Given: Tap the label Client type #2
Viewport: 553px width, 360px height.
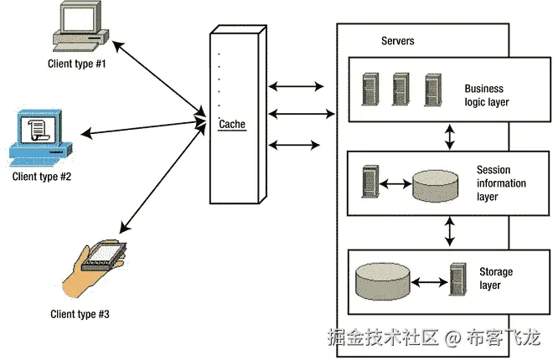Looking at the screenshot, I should pyautogui.click(x=41, y=177).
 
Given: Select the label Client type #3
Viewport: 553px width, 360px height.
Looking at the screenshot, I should pyautogui.click(x=80, y=315).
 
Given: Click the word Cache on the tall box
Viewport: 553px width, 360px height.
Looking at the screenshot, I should pyautogui.click(x=232, y=124).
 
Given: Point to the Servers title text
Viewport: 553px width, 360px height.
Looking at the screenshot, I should pyautogui.click(x=397, y=41).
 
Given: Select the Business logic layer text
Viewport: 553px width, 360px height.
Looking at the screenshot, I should pyautogui.click(x=487, y=95).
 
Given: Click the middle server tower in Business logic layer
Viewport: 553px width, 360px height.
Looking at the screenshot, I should pyautogui.click(x=401, y=89).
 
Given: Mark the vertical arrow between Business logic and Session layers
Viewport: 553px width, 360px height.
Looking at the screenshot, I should pyautogui.click(x=450, y=137).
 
